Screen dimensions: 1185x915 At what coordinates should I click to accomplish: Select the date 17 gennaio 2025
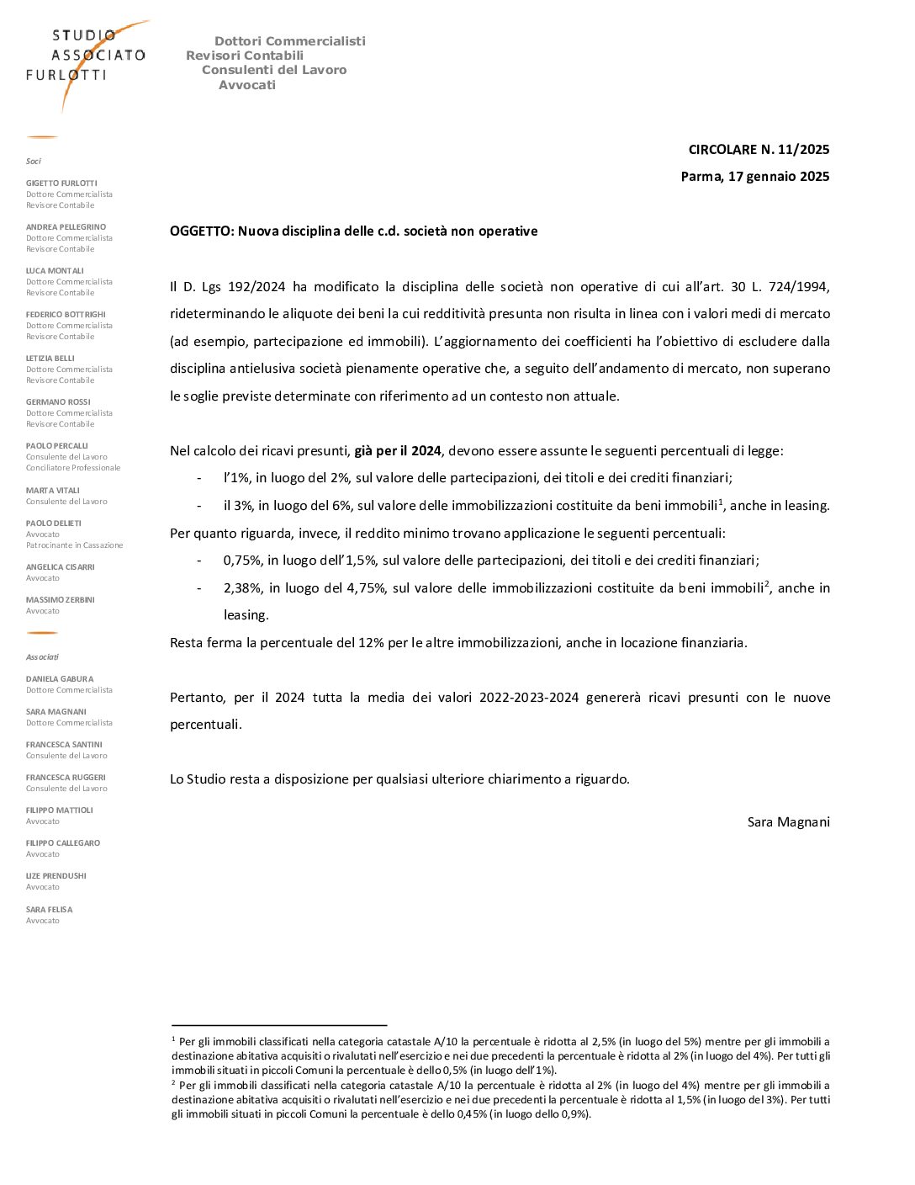tap(779, 177)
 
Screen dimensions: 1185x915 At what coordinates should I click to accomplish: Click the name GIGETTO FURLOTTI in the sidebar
tap(61, 183)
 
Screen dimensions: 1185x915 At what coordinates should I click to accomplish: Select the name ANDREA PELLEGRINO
tap(66, 227)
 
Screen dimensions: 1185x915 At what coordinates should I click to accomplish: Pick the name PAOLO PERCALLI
tap(56, 446)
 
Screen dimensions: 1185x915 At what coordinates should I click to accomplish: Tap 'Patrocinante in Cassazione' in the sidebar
tap(74, 545)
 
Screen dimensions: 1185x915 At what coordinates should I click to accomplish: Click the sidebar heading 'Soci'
tap(34, 162)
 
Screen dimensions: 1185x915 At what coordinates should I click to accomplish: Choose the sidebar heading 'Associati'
tap(42, 657)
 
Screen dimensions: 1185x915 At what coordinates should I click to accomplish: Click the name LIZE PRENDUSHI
tap(56, 876)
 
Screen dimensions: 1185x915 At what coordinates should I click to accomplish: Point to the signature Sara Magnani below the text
tap(788, 822)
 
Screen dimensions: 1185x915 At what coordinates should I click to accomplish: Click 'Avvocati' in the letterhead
tap(247, 85)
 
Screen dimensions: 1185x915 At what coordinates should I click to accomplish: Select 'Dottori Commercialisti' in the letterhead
tap(290, 41)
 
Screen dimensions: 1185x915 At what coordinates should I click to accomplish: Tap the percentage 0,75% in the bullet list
tap(242, 561)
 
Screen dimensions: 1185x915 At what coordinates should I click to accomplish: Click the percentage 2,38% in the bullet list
tap(242, 588)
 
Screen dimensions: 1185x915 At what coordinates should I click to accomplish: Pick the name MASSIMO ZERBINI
tap(60, 600)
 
